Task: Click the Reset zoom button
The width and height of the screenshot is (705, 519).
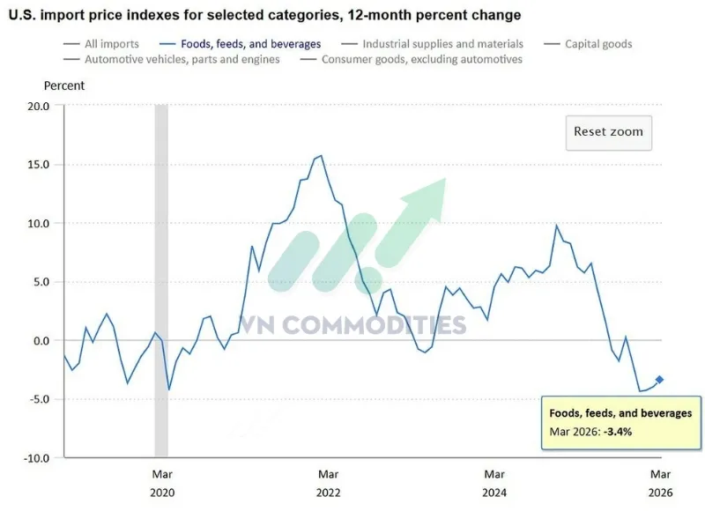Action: [608, 132]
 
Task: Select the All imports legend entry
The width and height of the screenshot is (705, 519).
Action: [111, 43]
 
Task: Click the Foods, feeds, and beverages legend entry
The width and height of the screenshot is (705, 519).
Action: [250, 43]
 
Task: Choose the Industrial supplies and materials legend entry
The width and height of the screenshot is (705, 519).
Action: [442, 43]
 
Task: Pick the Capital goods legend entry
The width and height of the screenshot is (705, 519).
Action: [597, 43]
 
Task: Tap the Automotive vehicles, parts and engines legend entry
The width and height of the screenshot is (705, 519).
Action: [182, 59]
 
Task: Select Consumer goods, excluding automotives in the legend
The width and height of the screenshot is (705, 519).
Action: [421, 59]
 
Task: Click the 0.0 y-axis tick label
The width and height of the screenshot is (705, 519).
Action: [41, 341]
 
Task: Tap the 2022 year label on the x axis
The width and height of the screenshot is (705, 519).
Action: [328, 493]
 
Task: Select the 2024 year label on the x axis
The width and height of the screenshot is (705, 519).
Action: [494, 493]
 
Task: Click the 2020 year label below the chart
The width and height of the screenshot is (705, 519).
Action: [161, 493]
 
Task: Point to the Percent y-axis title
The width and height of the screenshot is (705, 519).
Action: [64, 85]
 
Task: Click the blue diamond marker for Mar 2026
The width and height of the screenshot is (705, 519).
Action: [660, 380]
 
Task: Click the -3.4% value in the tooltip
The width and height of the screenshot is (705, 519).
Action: [617, 432]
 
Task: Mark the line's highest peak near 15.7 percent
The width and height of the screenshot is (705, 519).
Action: [321, 156]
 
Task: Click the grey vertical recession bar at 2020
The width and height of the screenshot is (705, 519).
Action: [161, 264]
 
